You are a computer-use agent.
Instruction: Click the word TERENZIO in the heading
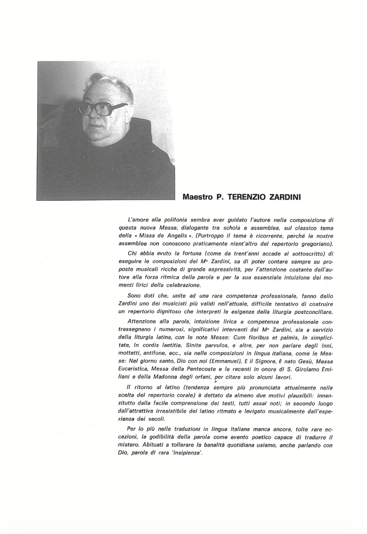tap(247, 198)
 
